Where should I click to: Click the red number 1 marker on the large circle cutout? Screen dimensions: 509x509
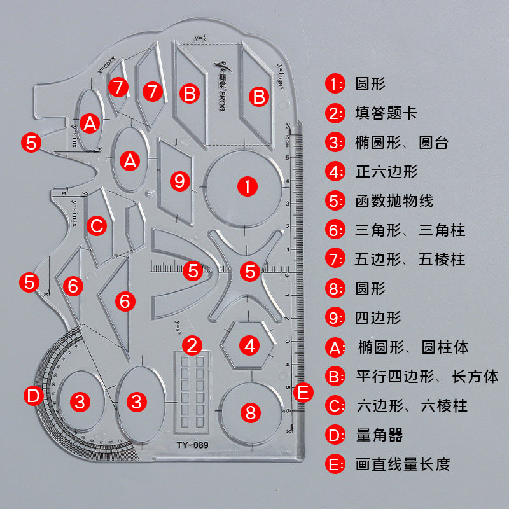[x=246, y=186]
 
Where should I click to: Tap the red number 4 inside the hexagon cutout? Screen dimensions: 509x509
[x=251, y=346]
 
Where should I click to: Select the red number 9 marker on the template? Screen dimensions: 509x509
[x=181, y=181]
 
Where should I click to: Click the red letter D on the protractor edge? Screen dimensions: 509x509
[x=34, y=396]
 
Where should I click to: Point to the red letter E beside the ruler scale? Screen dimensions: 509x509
[x=303, y=392]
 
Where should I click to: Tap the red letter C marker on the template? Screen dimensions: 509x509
[x=96, y=225]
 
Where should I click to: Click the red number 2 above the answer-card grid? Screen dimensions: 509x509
[x=192, y=345]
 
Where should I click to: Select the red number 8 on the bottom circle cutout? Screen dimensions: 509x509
[x=251, y=412]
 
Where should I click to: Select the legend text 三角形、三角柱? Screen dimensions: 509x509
[x=410, y=230]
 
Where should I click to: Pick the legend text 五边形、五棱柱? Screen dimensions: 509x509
[x=410, y=260]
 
